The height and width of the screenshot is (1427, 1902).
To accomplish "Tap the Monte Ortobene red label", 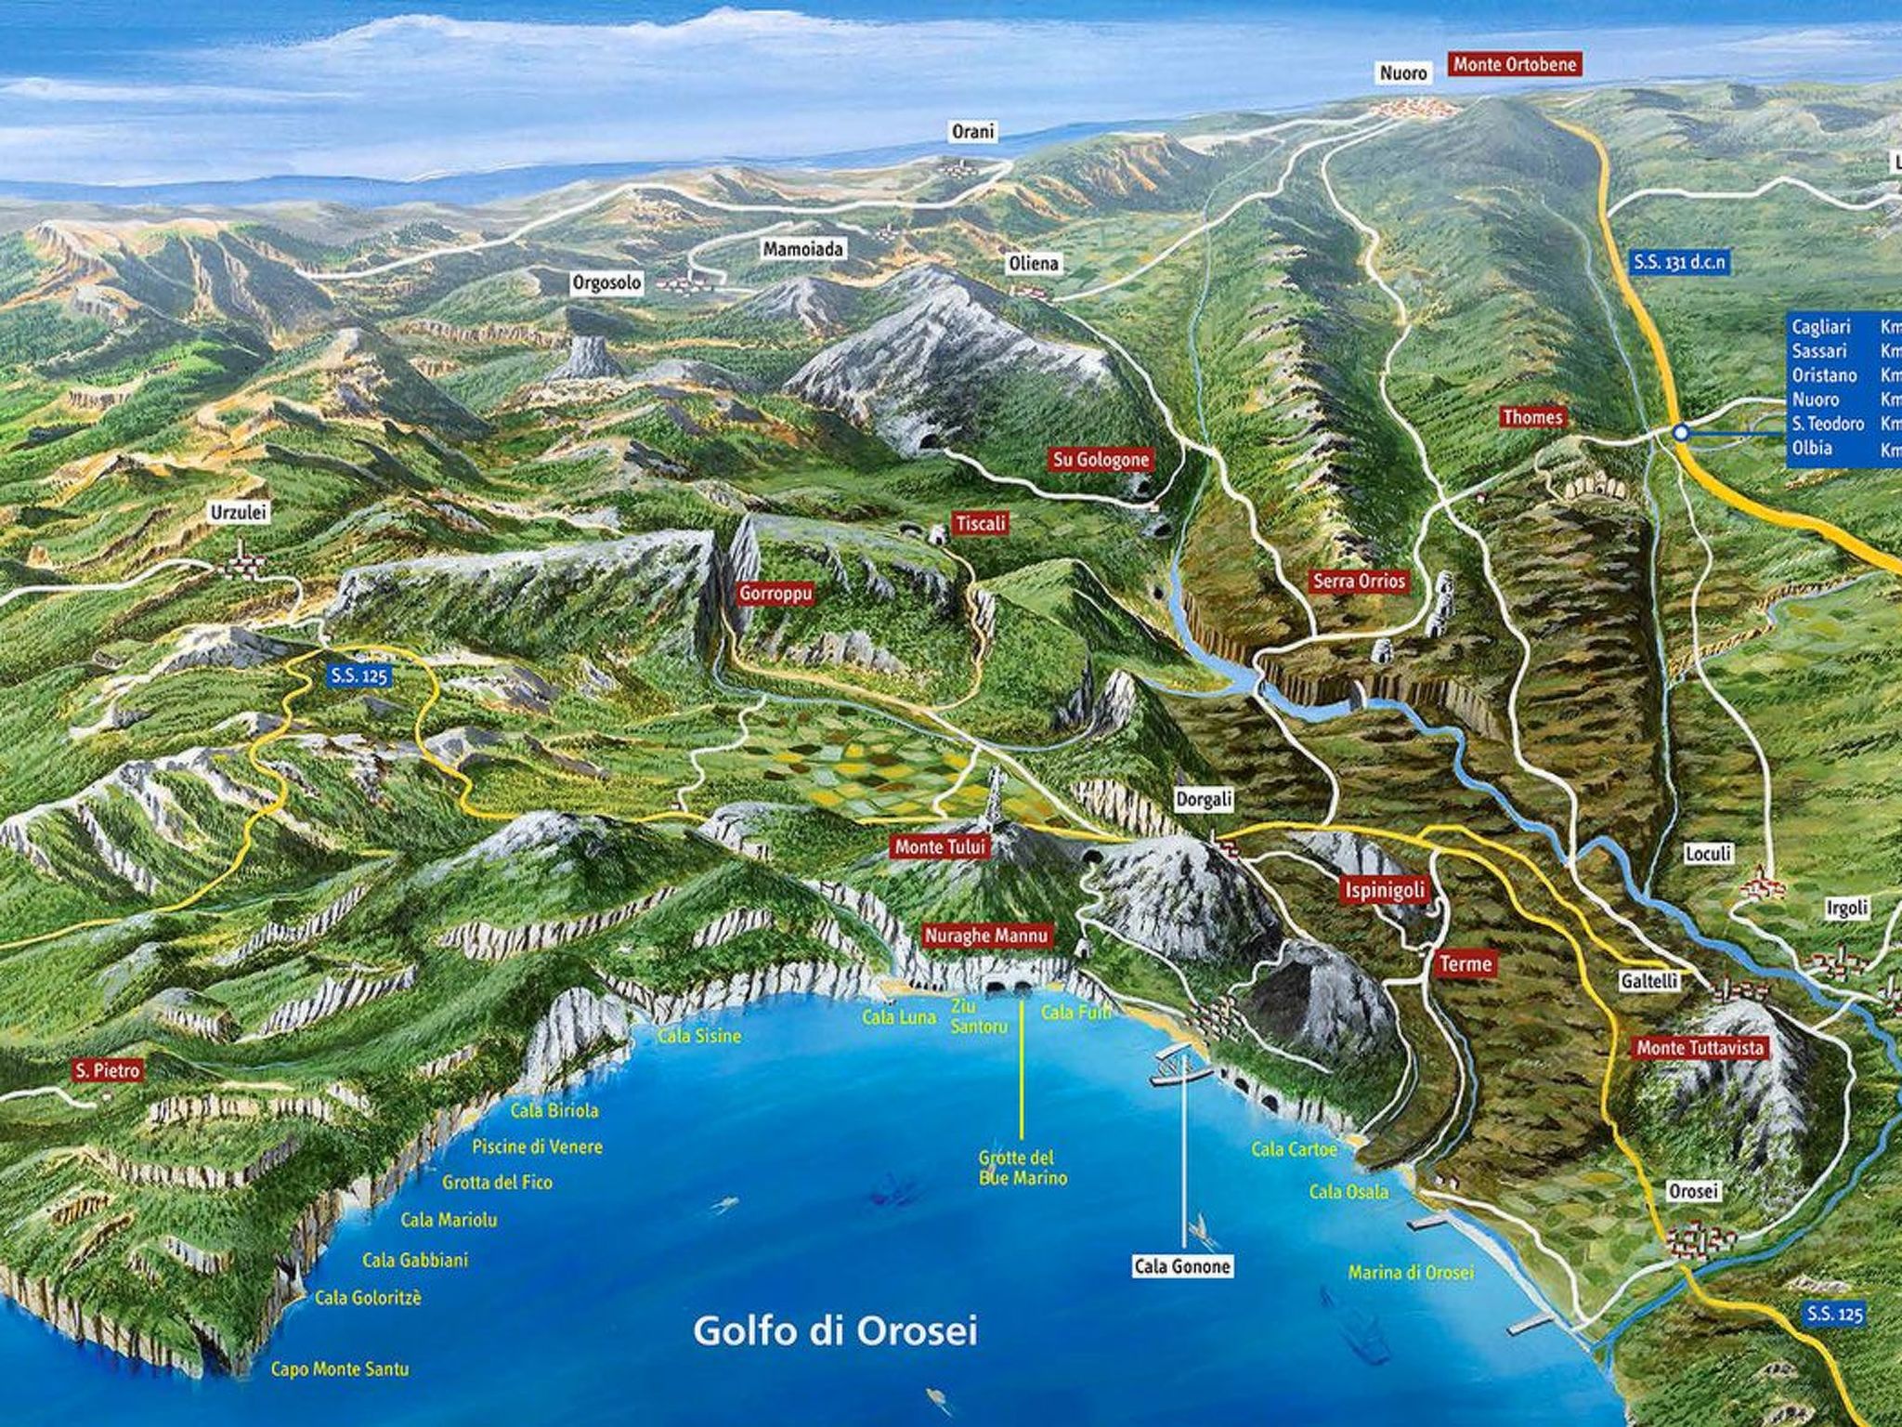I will click(x=1515, y=65).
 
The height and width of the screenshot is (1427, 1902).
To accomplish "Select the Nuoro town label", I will click(x=1403, y=72).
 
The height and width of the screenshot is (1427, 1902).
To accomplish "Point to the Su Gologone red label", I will click(x=1101, y=459).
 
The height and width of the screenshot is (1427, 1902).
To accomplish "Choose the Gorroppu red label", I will click(x=775, y=594).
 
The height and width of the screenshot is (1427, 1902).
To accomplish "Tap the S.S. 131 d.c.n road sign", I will click(x=1679, y=263).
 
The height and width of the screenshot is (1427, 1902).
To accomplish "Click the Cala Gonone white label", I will click(x=1182, y=1266).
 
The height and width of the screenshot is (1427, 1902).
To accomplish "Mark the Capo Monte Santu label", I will click(x=339, y=1368).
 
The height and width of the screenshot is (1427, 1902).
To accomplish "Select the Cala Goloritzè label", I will click(x=368, y=1297).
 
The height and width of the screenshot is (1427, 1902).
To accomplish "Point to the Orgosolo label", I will click(x=607, y=283).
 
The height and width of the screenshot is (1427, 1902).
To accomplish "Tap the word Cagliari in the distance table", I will click(x=1821, y=327).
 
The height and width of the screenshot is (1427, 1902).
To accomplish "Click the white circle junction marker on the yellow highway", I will click(x=1680, y=432).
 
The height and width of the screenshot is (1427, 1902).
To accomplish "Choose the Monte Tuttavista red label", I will click(x=1700, y=1048).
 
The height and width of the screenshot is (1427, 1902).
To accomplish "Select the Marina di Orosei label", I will click(x=1411, y=1272).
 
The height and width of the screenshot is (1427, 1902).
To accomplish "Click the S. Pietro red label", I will click(x=109, y=1071).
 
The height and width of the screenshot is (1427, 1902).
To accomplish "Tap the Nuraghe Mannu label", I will click(x=986, y=936).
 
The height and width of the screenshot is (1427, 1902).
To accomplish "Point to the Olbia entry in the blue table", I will click(x=1812, y=448).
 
